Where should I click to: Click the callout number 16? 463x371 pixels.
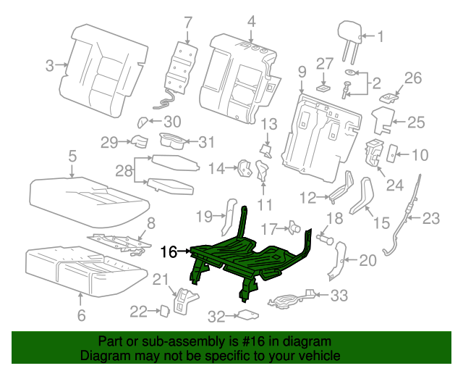(169, 252)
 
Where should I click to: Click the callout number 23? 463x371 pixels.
(431, 217)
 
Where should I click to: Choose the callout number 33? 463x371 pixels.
(339, 296)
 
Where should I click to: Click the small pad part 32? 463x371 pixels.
(248, 315)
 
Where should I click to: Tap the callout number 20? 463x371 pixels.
(368, 260)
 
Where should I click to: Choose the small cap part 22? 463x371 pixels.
(164, 311)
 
